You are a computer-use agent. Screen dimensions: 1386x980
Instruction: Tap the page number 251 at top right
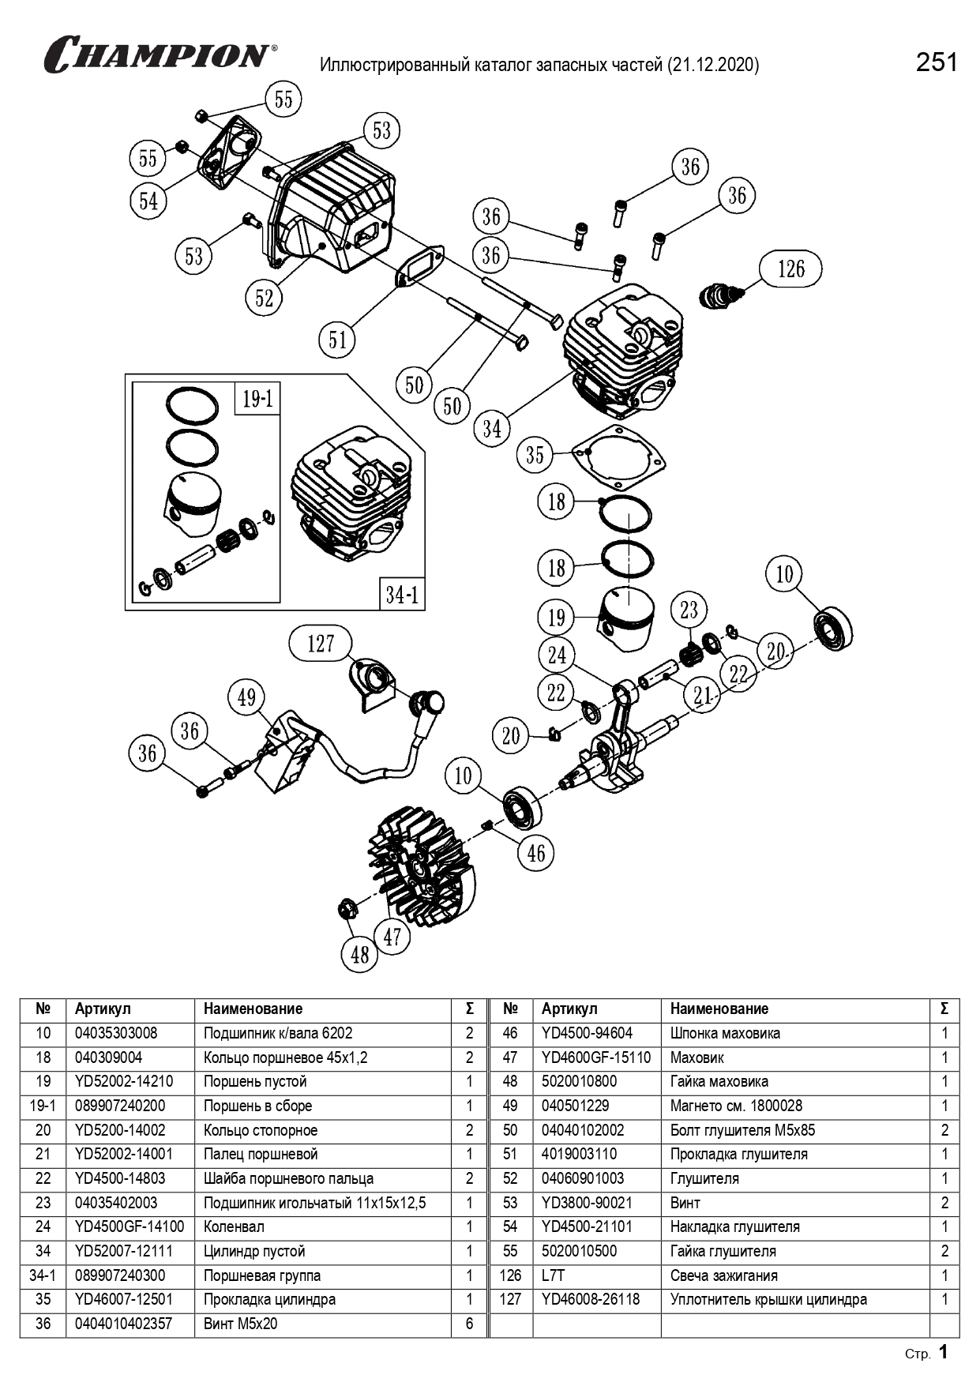coord(936,62)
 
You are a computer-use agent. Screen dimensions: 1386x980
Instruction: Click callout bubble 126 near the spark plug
coord(790,269)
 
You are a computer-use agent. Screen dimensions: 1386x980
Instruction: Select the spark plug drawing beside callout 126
coord(721,295)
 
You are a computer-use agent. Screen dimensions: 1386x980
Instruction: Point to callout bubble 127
coord(321,644)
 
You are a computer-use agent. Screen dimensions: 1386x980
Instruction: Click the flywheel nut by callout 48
coord(346,909)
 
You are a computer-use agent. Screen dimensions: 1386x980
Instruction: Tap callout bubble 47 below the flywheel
coord(392,937)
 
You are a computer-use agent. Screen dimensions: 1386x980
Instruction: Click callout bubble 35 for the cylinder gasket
coord(535,454)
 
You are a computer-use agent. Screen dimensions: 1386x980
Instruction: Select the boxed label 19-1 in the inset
coord(257,399)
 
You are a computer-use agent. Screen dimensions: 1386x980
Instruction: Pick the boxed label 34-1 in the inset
coord(401,593)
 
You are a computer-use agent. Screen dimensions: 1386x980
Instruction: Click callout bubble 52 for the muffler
coord(264,298)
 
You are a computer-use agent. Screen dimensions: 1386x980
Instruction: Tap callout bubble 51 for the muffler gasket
coord(338,340)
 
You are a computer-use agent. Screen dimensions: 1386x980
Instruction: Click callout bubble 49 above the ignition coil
coord(246,697)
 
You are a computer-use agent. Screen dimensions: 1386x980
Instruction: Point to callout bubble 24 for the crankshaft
coord(557,655)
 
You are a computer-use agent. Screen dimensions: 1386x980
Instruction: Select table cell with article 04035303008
coord(116,1033)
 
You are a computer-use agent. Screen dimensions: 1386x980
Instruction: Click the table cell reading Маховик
coord(697,1057)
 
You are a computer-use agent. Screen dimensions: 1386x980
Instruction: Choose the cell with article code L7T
coord(554,1275)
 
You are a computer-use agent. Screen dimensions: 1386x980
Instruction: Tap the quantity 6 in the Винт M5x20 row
coord(469,1324)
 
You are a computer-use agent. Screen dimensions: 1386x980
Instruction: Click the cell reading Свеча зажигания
coord(723,1275)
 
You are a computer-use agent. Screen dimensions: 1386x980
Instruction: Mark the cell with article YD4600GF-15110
coord(596,1057)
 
